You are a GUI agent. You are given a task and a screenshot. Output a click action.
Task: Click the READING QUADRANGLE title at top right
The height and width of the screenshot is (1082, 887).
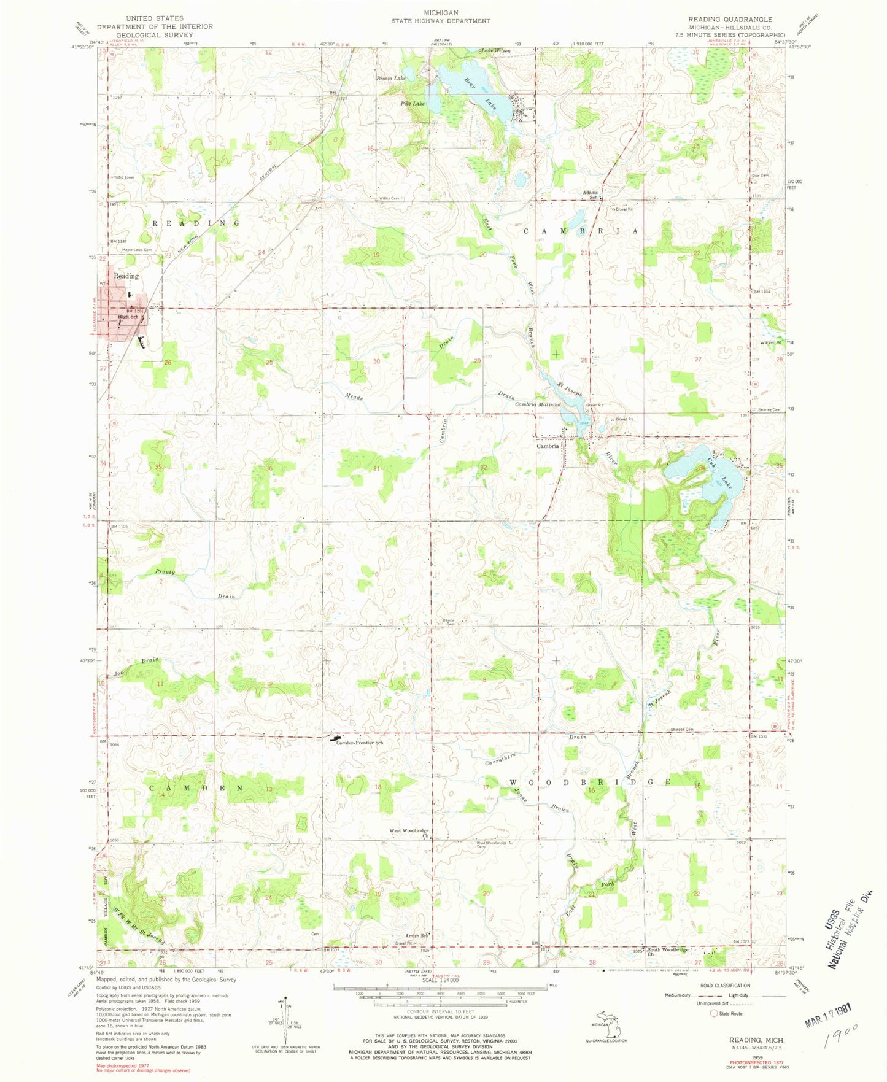pos(730,19)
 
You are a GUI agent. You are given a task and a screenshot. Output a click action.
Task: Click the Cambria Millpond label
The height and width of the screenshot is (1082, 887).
pos(537,405)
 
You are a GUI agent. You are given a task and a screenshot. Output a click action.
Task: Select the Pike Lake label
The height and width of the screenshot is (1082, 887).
pos(413,104)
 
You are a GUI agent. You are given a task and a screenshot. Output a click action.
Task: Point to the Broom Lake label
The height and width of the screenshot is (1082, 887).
pos(391,79)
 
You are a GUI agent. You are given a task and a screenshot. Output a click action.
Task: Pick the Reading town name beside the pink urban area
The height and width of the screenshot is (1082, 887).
pos(126,276)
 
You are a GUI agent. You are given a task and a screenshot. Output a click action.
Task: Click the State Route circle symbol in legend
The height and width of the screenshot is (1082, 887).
pos(714,1013)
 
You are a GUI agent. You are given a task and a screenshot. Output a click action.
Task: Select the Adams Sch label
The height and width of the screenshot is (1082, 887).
pos(590,195)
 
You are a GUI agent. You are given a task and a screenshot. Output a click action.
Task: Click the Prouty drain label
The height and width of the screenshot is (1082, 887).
pos(165,571)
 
